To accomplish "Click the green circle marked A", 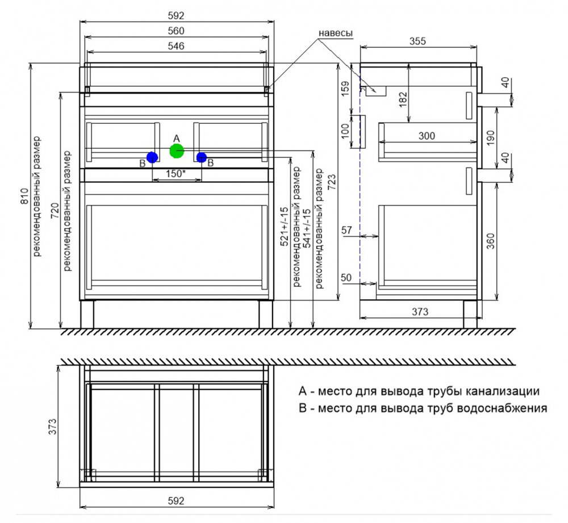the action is point(177,150).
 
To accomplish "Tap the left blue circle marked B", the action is point(152,157).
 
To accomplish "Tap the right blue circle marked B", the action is point(202,157).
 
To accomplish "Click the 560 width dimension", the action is point(176,31).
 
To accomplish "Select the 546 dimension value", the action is point(176,47).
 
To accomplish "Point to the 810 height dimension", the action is point(25,196).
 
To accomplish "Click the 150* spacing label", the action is point(176,174).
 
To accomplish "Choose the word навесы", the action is point(336,33).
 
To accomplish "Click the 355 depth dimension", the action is point(417,41).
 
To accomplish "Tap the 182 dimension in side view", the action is point(403,99).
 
